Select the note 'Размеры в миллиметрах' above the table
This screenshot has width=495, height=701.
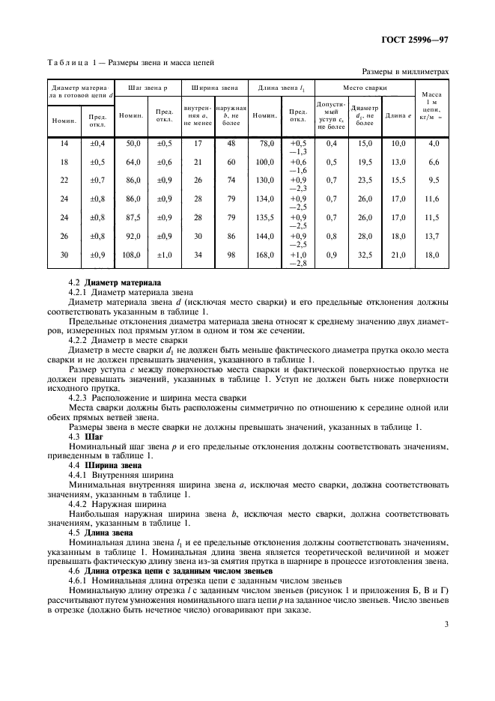click(405, 72)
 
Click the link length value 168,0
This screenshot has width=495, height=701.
click(264, 255)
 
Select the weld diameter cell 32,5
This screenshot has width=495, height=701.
click(365, 255)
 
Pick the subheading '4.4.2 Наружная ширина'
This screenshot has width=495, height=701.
click(121, 505)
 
